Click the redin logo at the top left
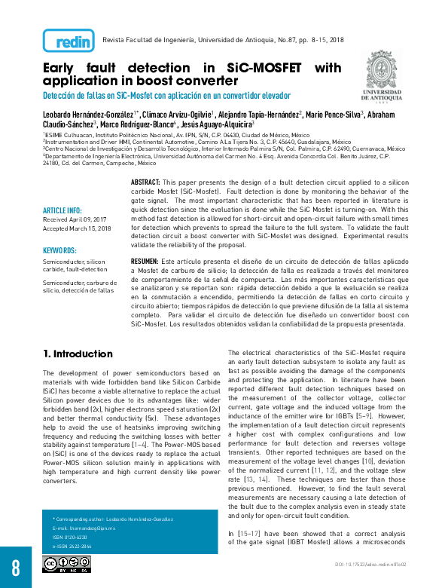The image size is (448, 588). [x=69, y=40]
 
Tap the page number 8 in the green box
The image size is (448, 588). [x=16, y=567]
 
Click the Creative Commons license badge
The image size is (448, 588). [x=66, y=564]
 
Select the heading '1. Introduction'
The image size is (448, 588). [x=78, y=354]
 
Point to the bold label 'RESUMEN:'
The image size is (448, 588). [x=144, y=260]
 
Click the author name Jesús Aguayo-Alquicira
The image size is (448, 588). [x=216, y=124]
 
